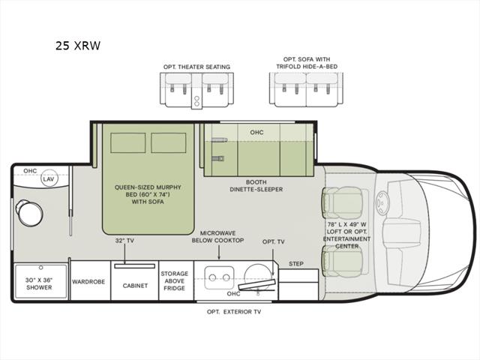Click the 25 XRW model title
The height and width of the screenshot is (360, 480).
[x=78, y=46]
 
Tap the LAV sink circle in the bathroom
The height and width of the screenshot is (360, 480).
[x=49, y=178]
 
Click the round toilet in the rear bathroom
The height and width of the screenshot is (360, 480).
[x=29, y=213]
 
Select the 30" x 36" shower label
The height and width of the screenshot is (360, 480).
[x=39, y=283]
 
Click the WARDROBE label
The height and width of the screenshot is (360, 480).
[x=88, y=282]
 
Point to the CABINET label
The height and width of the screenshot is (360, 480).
[x=135, y=286]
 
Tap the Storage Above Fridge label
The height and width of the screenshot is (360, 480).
[x=175, y=280]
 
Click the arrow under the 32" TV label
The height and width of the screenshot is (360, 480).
[x=124, y=254]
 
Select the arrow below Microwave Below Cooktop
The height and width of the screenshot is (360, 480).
[x=219, y=253]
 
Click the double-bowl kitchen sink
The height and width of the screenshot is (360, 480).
[x=219, y=277]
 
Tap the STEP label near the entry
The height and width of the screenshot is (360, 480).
[x=296, y=263]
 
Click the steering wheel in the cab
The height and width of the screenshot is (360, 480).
[x=382, y=203]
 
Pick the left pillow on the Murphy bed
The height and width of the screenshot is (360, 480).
[x=128, y=142]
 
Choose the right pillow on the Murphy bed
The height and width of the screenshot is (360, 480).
[x=168, y=142]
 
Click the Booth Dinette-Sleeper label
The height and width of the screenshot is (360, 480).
[x=256, y=186]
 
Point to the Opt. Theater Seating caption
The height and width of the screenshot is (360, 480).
[x=196, y=67]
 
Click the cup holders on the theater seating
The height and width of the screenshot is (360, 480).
[x=196, y=102]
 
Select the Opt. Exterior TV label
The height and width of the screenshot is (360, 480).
[x=234, y=312]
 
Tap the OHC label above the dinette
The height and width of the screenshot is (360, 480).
[x=256, y=132]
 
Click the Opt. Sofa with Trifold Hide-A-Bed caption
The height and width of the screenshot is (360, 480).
[x=307, y=63]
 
